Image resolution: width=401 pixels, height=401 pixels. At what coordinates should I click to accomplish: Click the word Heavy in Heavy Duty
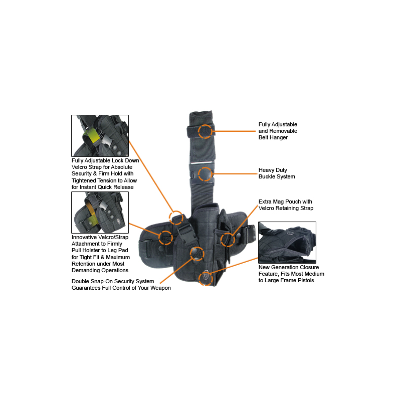point(266,170)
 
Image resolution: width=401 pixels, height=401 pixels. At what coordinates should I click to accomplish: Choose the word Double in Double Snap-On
point(80,281)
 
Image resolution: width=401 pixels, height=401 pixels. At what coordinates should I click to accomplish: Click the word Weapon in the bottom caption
point(160,288)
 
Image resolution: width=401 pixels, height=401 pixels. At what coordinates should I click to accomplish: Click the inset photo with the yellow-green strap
point(100,136)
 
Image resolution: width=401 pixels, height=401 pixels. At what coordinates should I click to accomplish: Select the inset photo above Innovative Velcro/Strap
point(100,213)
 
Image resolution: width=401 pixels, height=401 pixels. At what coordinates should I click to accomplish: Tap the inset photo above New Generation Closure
point(287,243)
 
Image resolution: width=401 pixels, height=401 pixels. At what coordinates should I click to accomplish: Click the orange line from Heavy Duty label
point(234,174)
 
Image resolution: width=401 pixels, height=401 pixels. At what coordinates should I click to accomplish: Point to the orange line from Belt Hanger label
point(234,131)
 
